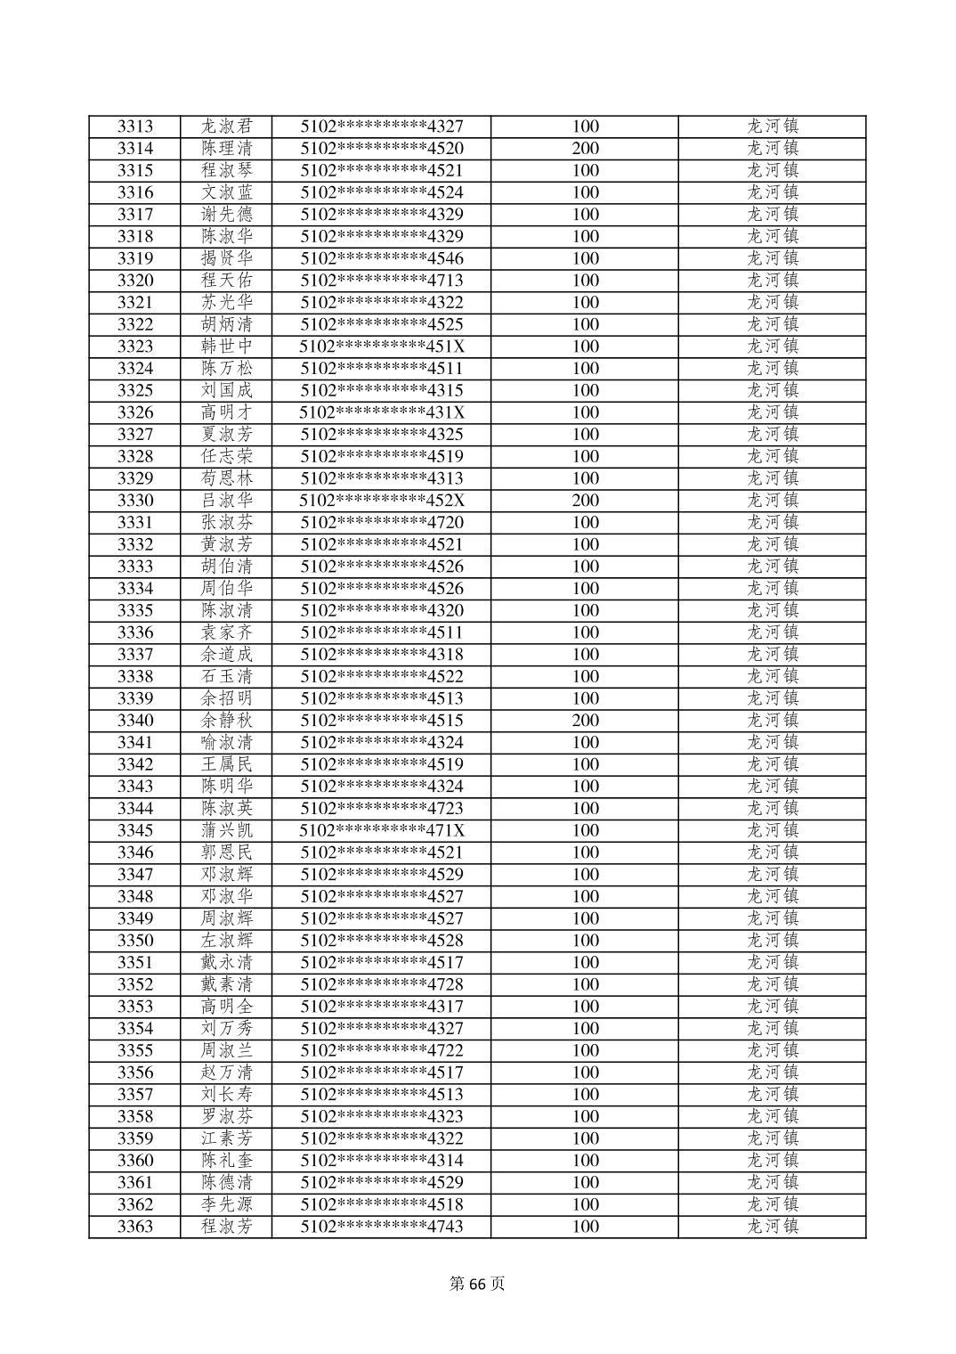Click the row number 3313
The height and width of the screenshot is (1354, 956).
pos(135,126)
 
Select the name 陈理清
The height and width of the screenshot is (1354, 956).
pos(226,149)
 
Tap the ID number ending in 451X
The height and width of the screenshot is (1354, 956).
pos(382,347)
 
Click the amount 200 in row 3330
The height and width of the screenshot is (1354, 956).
pos(585,501)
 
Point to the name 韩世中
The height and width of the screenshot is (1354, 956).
pos(226,347)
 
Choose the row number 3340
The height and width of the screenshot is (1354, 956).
pos(135,721)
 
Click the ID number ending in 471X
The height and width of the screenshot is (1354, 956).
pos(382,830)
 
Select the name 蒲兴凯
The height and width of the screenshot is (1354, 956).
pos(226,830)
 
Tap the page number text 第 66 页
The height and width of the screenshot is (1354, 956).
pos(477,1284)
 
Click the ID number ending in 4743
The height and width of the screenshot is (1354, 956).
pos(382,1227)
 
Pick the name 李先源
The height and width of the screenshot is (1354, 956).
pos(226,1204)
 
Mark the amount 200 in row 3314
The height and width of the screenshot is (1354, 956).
pos(585,149)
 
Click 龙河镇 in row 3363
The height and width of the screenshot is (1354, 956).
pos(772,1227)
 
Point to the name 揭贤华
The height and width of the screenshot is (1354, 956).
pos(226,258)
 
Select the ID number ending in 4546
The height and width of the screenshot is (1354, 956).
pos(382,258)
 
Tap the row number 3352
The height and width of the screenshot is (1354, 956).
pos(135,984)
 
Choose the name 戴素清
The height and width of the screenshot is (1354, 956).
pos(226,984)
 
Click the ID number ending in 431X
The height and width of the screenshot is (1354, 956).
pos(382,412)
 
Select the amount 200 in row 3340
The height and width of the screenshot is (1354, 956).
pos(585,721)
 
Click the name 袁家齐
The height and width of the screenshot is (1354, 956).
pos(226,632)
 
